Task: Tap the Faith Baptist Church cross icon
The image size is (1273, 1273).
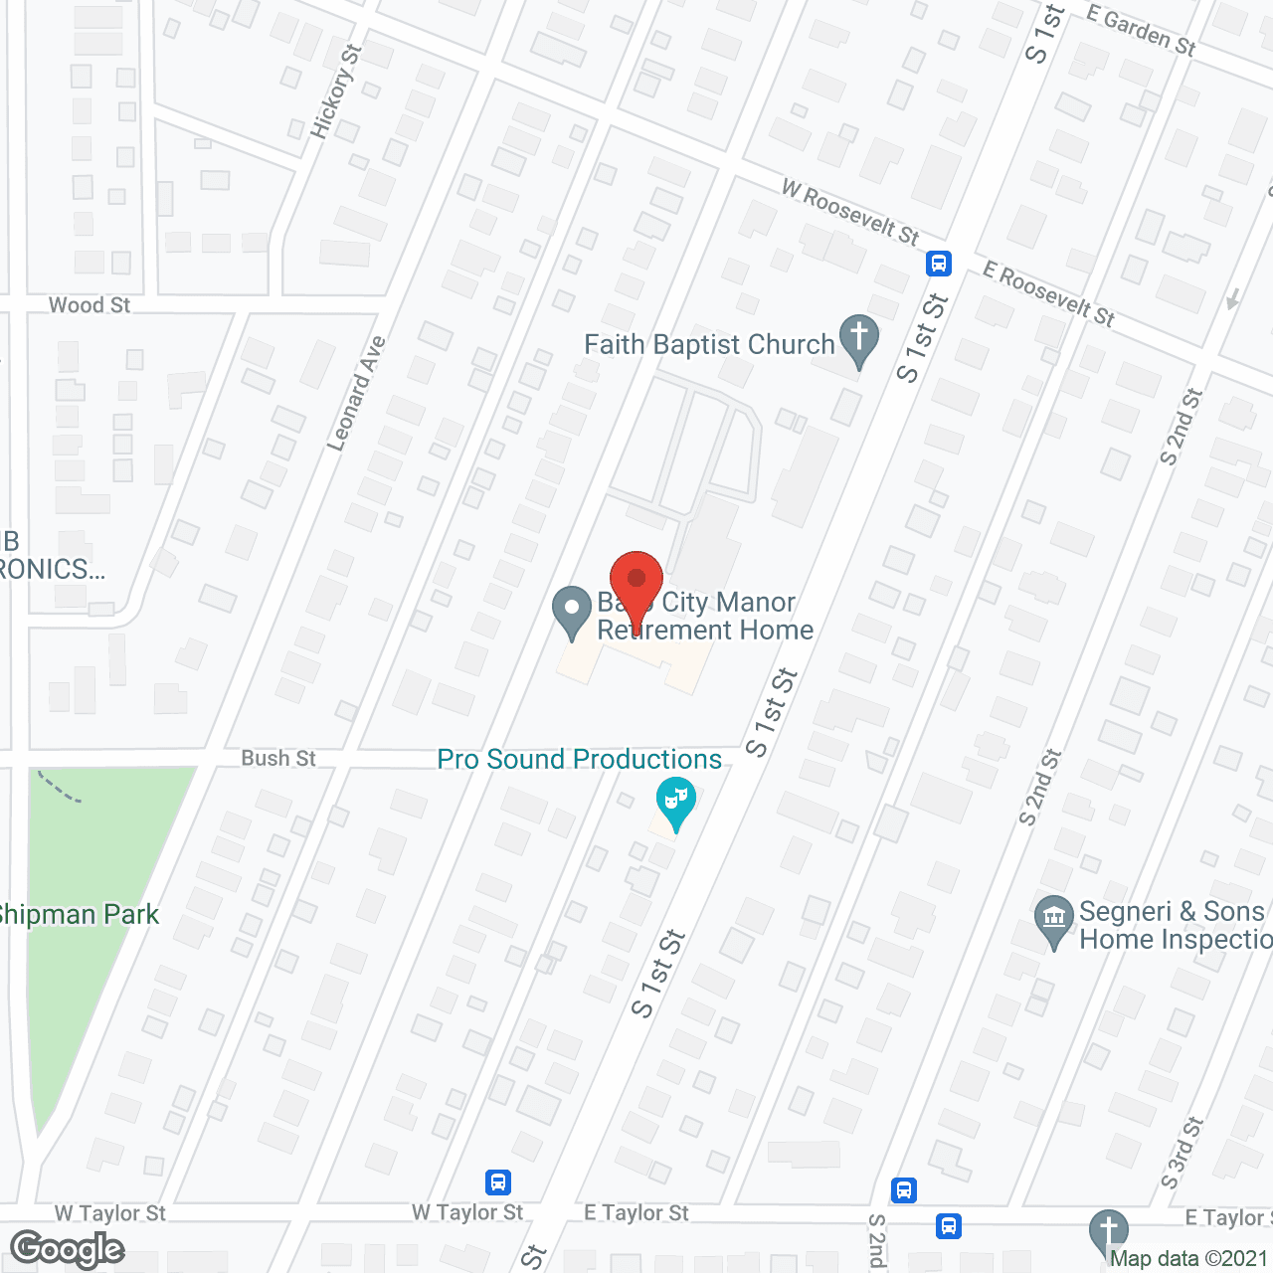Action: click(859, 339)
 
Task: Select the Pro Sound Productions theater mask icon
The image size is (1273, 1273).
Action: click(675, 802)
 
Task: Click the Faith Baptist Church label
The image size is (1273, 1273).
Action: click(709, 345)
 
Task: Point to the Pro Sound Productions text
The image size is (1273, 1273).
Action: click(580, 760)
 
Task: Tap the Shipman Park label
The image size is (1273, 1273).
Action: click(80, 915)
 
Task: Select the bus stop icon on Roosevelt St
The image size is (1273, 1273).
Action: click(939, 264)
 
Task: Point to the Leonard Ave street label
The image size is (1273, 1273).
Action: click(355, 394)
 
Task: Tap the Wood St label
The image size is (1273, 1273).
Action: click(90, 305)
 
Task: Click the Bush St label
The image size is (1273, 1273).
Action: click(278, 759)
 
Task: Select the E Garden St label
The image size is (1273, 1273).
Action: click(1141, 30)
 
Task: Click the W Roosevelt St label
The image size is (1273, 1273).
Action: click(850, 212)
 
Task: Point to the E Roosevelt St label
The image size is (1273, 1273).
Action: click(1049, 294)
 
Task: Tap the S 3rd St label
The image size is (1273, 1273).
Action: click(1182, 1153)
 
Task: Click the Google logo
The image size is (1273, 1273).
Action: click(68, 1249)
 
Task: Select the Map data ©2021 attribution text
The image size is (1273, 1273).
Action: click(1188, 1259)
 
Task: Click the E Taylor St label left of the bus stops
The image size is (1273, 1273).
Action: click(636, 1213)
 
